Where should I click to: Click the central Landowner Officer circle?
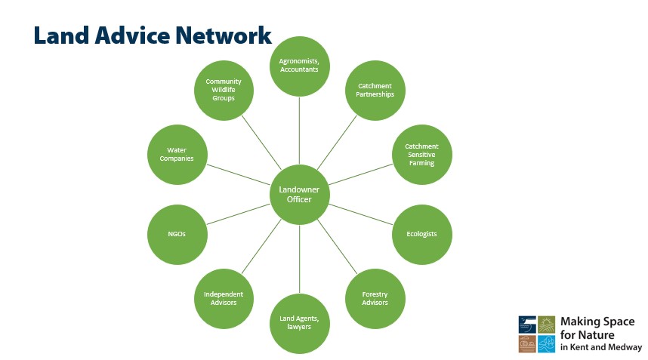(x=300, y=194)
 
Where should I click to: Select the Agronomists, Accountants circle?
(x=300, y=66)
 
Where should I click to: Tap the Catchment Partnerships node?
(x=375, y=91)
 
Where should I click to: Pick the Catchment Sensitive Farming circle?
(x=421, y=154)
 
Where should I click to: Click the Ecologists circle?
(x=422, y=234)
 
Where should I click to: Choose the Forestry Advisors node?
(x=375, y=298)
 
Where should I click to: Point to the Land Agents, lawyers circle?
(x=300, y=323)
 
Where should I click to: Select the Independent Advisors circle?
(x=224, y=298)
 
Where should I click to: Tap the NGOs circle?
(x=177, y=234)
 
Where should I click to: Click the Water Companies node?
(x=177, y=154)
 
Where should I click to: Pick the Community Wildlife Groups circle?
(x=224, y=91)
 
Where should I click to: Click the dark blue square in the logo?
(x=527, y=325)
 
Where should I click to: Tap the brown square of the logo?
(x=527, y=344)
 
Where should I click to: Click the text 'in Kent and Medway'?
(x=600, y=348)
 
